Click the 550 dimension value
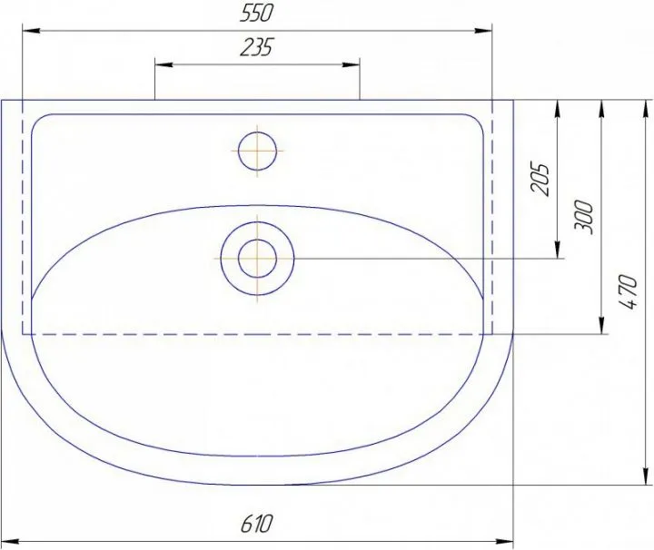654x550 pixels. tap(256, 14)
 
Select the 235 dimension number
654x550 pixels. tap(256, 47)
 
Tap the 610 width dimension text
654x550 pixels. tap(256, 524)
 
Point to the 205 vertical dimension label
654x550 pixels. tap(540, 179)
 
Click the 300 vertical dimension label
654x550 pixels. tap(583, 217)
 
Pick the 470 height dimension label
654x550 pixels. tap(629, 291)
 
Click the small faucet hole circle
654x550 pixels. tap(258, 151)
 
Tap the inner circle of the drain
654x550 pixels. tap(258, 259)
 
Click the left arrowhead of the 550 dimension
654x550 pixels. tap(31, 31)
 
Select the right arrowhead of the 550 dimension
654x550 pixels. tap(483, 31)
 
